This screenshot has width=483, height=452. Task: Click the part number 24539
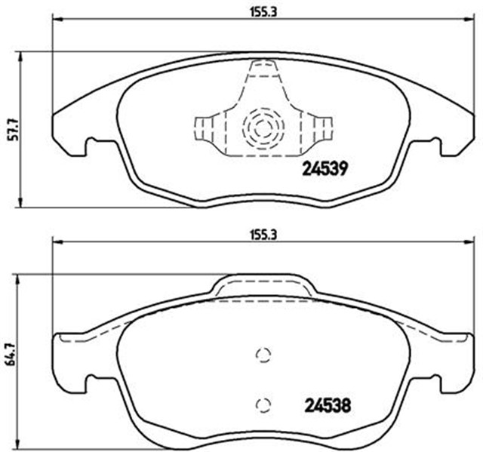pos(325,169)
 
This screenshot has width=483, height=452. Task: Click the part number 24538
pos(328,405)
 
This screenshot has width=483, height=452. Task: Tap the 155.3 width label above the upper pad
pos(263,13)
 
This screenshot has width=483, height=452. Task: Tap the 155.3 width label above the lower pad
pos(263,235)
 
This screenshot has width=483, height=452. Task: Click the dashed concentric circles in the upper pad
pos(263,128)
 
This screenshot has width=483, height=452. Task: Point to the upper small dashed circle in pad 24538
pos(263,355)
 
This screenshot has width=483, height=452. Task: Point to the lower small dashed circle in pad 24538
pos(263,405)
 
